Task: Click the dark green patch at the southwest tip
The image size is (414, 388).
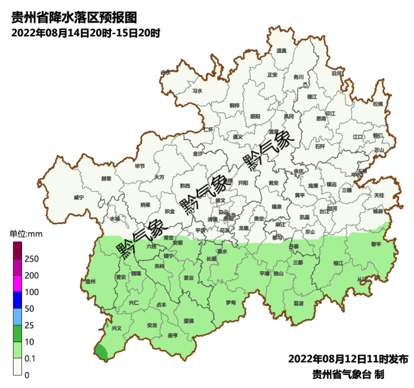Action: pyautogui.click(x=101, y=352)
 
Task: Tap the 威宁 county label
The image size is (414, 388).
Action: pyautogui.click(x=79, y=198)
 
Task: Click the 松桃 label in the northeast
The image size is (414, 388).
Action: pyautogui.click(x=378, y=104)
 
